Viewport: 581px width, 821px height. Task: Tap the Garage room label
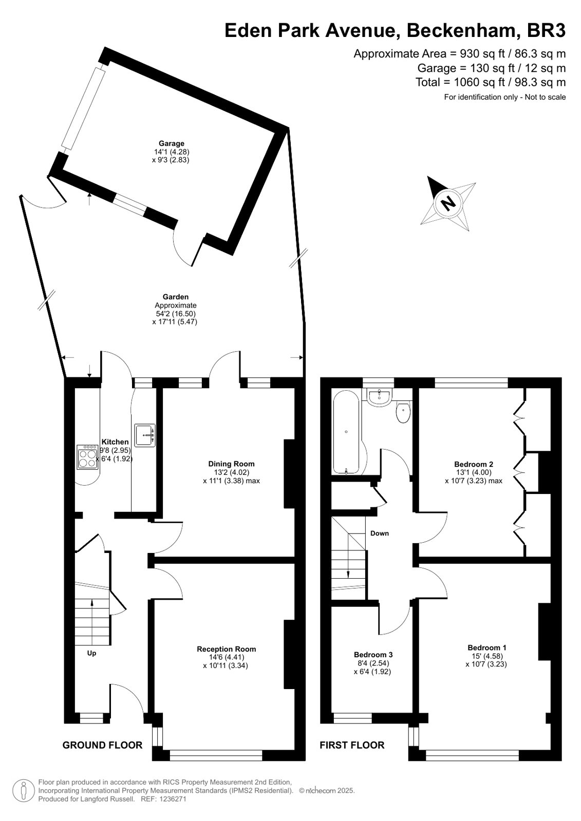point(171,143)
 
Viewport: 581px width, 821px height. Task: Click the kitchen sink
point(145,435)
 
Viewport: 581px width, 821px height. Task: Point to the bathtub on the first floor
point(346,432)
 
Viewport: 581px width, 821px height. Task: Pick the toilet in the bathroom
point(403,412)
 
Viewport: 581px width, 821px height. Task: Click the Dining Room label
point(231,464)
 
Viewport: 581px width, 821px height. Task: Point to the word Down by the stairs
point(380,533)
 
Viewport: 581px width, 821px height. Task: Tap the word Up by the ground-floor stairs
point(92,653)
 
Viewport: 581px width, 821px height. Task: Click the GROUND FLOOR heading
point(102,735)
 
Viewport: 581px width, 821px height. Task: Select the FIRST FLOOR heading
point(352,735)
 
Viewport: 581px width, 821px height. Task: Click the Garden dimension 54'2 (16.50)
point(176,314)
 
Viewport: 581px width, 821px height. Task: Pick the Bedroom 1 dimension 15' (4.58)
point(486,656)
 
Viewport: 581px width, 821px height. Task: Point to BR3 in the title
point(546,30)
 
